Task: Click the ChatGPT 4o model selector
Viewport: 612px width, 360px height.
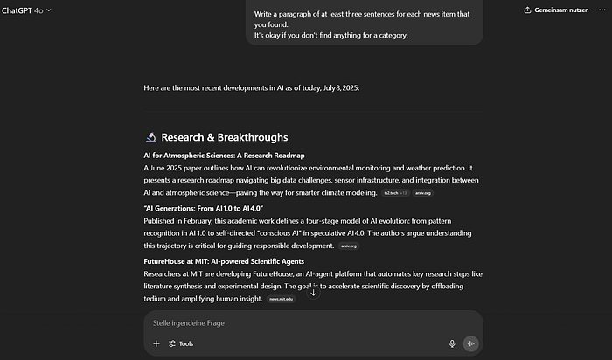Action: point(26,10)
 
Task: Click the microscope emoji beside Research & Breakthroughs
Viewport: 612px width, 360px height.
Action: point(150,137)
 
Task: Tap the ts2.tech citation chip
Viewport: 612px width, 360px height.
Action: point(395,192)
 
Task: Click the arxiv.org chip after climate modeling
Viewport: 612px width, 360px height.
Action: point(421,192)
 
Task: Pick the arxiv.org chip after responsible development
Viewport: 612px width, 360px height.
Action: point(349,246)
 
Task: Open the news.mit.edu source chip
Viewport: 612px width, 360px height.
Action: point(282,299)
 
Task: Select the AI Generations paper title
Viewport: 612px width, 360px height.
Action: point(203,208)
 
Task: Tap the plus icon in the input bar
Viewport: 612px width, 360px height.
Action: point(156,343)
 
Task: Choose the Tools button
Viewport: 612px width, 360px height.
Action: point(181,343)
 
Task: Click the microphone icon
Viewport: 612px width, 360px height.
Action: point(452,343)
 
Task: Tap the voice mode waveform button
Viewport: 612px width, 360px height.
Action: point(471,343)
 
